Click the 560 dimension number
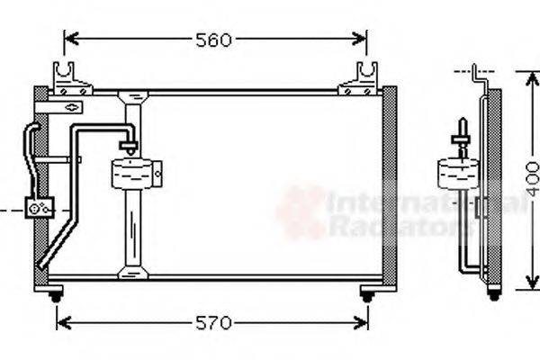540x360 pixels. click(214, 40)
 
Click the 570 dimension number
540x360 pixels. click(214, 322)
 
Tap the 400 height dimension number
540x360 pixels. click(532, 180)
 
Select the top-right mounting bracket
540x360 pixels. click(359, 80)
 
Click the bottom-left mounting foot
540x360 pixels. click(56, 293)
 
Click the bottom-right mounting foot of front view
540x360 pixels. click(367, 293)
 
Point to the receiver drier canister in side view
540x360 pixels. click(458, 172)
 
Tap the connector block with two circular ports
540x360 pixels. click(40, 209)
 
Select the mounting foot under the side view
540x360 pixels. click(493, 292)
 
